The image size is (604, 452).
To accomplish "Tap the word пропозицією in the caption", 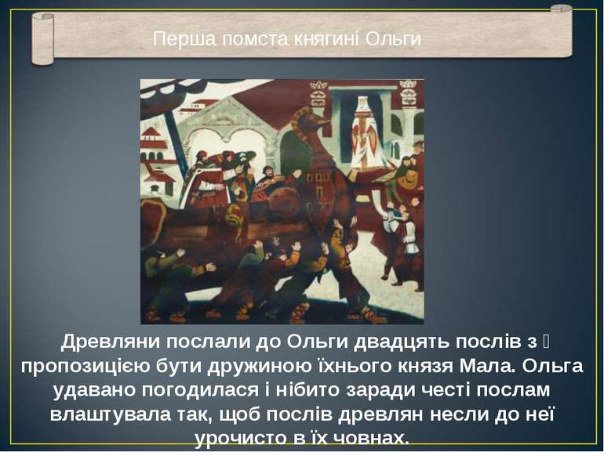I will (91, 367).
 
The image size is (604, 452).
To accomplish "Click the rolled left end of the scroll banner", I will (42, 39).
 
